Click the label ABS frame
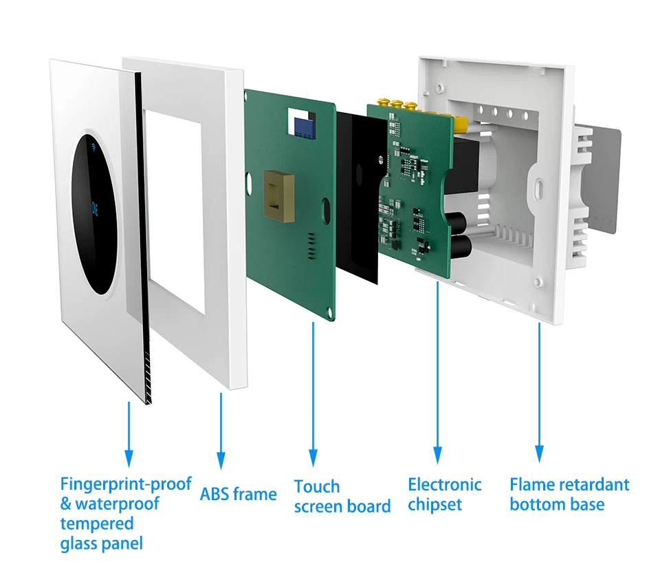pos(238,494)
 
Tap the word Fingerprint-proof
pos(125,484)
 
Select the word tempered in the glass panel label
pos(96,523)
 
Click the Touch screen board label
pos(342,497)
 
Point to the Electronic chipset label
pos(444,494)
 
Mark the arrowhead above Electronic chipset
pos(437,454)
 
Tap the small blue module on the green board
pos(300,125)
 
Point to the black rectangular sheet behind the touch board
pos(358,199)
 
